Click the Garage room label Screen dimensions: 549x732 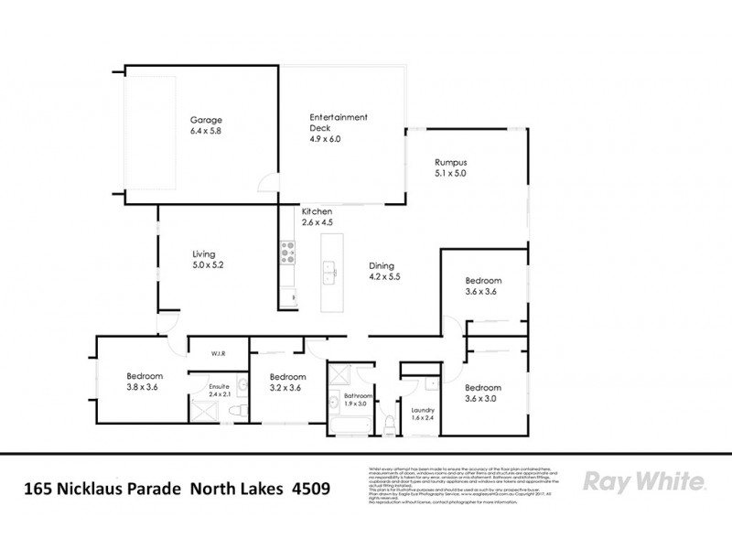[206, 120]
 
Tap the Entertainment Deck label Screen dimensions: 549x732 [339, 117]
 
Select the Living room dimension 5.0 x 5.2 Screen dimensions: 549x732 [208, 264]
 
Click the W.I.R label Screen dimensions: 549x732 [218, 352]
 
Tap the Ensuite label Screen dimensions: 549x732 [220, 387]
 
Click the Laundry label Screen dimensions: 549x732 [422, 410]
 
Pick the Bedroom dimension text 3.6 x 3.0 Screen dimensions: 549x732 [482, 398]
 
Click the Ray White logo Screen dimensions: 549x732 [642, 482]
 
